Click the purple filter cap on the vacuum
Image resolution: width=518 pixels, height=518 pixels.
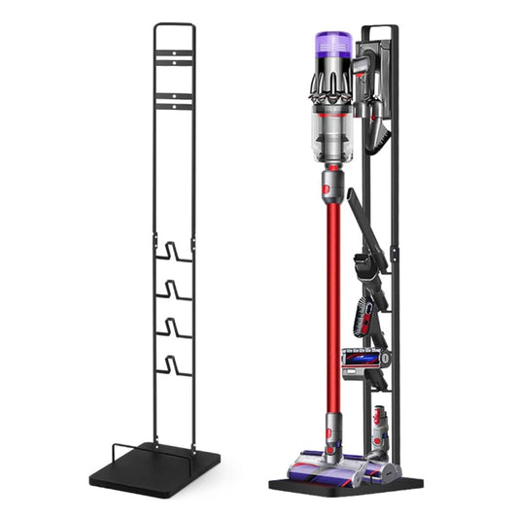(332, 46)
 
